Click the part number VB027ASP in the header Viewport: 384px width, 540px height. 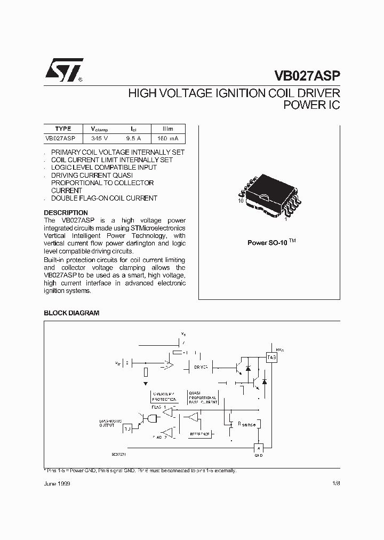[307, 75]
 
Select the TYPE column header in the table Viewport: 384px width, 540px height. [63, 129]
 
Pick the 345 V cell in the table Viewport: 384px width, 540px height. [99, 138]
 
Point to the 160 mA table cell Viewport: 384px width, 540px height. [168, 138]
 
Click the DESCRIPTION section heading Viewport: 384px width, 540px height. [66, 213]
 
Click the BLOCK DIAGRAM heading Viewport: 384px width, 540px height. [71, 313]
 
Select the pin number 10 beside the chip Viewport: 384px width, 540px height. [241, 201]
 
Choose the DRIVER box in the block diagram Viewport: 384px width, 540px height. [201, 367]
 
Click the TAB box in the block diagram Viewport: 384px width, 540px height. [271, 358]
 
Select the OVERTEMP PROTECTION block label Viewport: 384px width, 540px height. [163, 396]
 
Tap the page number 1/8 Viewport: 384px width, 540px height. [335, 483]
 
